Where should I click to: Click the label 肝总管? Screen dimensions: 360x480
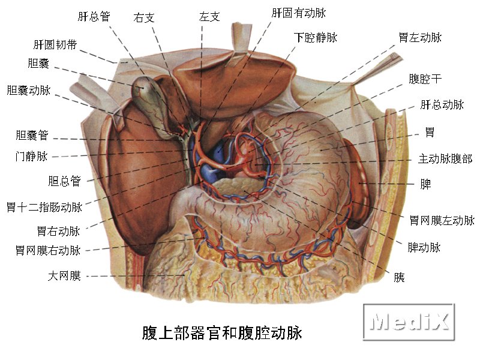94,16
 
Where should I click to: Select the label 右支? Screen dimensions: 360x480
144,18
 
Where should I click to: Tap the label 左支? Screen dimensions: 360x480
209,17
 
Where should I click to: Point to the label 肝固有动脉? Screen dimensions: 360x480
299,13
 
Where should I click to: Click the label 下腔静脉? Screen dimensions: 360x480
316,37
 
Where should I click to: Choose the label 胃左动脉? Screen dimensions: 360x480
420,37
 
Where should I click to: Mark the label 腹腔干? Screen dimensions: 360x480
425,79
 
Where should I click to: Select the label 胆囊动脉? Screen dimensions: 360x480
29,90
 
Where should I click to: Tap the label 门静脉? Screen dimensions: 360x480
31,157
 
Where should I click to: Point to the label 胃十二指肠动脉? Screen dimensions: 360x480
44,208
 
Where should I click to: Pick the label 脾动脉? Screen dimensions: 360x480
424,247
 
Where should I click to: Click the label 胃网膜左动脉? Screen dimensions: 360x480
442,220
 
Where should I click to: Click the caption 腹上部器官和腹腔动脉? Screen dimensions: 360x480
222,333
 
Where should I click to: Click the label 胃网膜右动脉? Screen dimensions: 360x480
48,250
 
